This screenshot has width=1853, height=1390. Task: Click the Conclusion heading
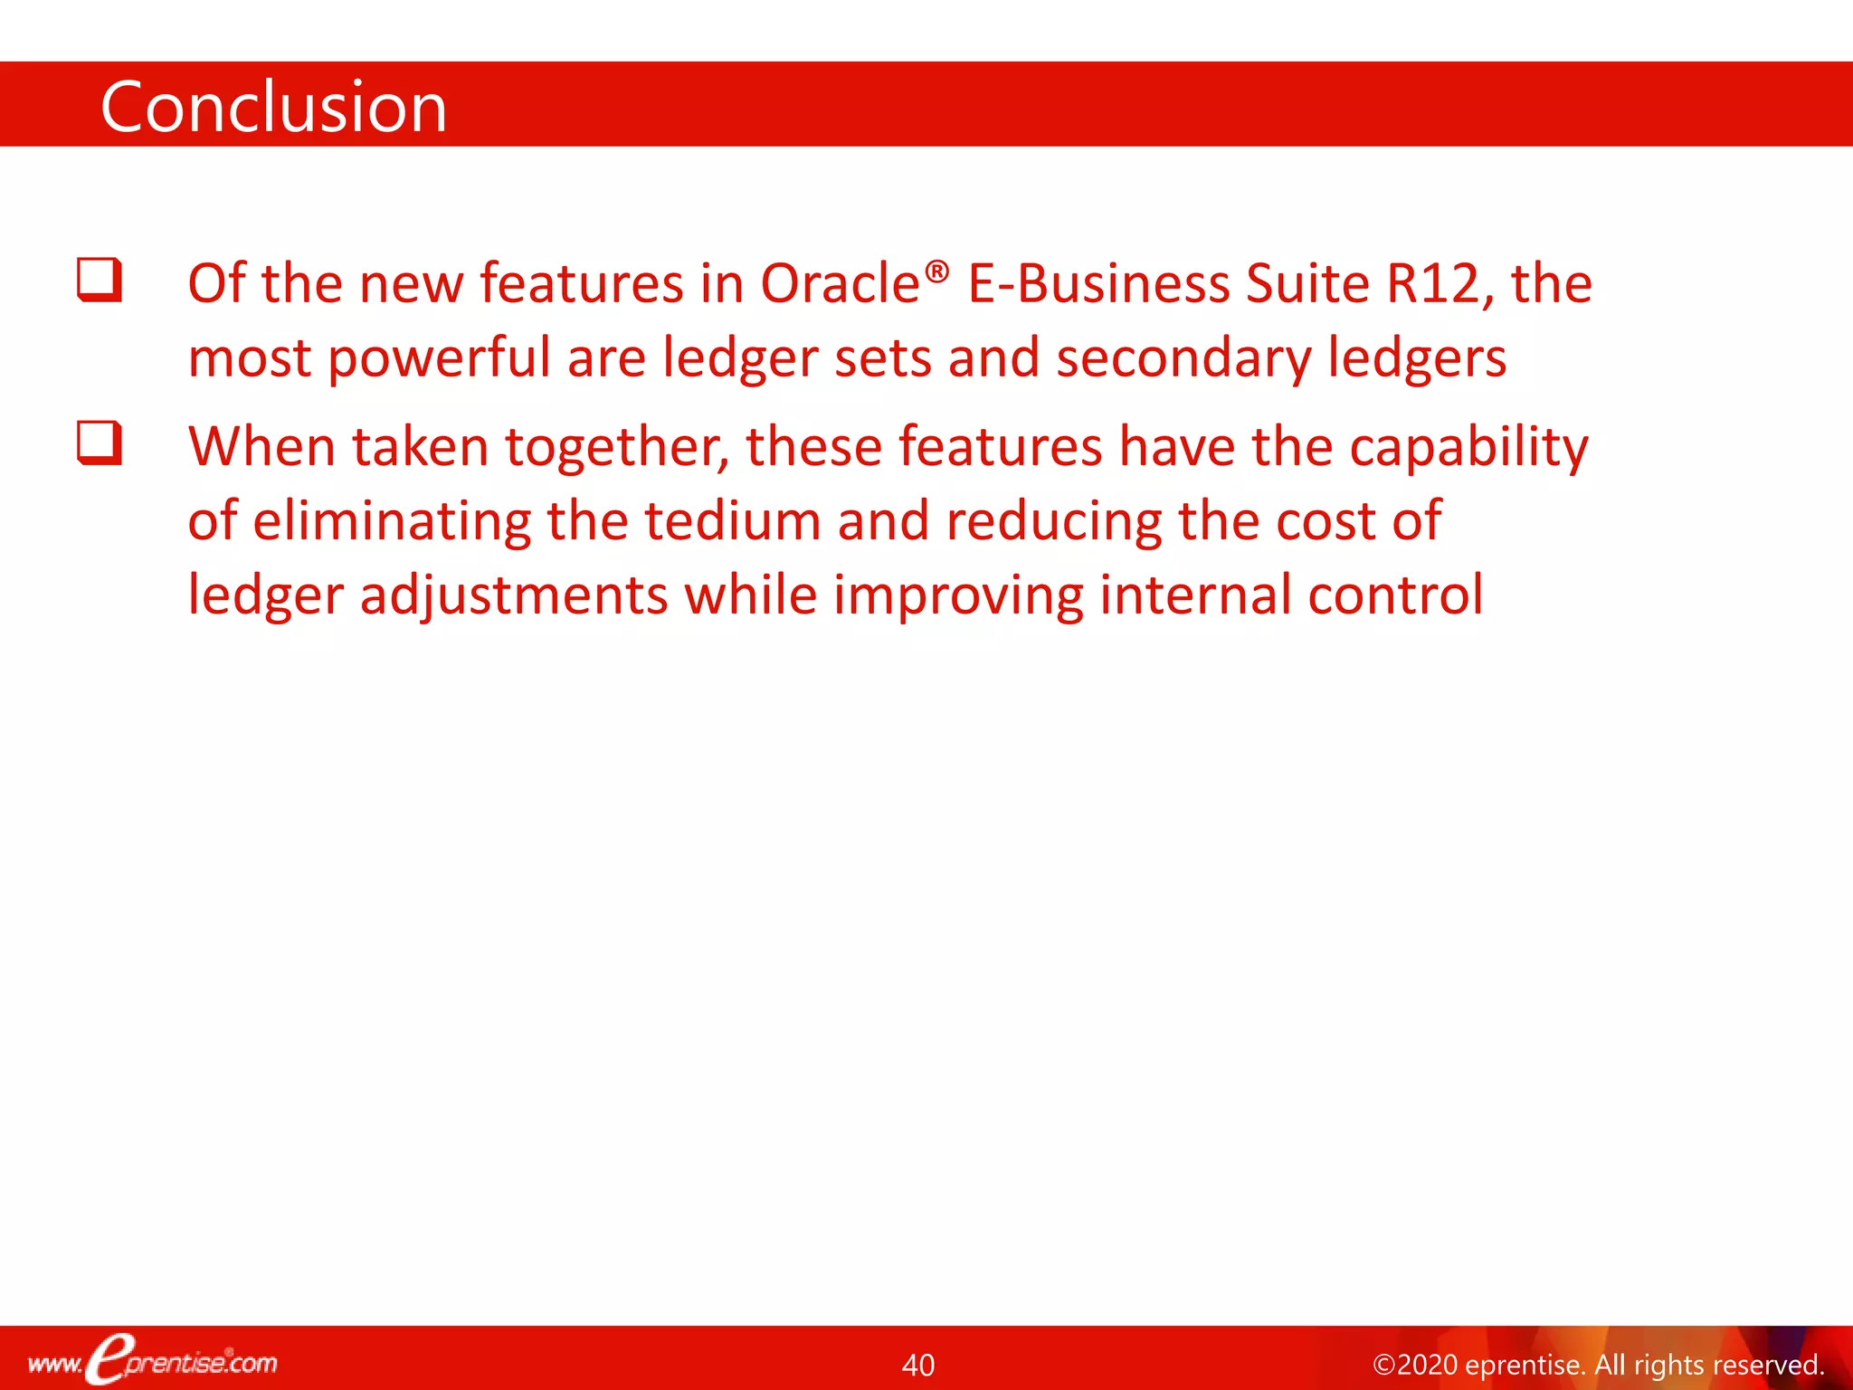(273, 107)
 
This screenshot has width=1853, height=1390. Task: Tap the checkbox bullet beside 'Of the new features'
(100, 280)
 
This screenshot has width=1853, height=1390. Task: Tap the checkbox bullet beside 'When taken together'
(100, 443)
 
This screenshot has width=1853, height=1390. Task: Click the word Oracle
(840, 284)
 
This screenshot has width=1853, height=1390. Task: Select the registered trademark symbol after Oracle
(938, 271)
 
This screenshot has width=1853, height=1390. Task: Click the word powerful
(439, 358)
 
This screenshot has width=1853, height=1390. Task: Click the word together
(616, 449)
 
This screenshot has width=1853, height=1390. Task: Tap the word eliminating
(392, 521)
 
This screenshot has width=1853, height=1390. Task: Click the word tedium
(733, 521)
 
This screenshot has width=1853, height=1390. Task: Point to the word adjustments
(514, 596)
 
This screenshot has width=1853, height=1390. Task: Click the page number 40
(918, 1365)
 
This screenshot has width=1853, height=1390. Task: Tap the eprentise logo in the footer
(152, 1361)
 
